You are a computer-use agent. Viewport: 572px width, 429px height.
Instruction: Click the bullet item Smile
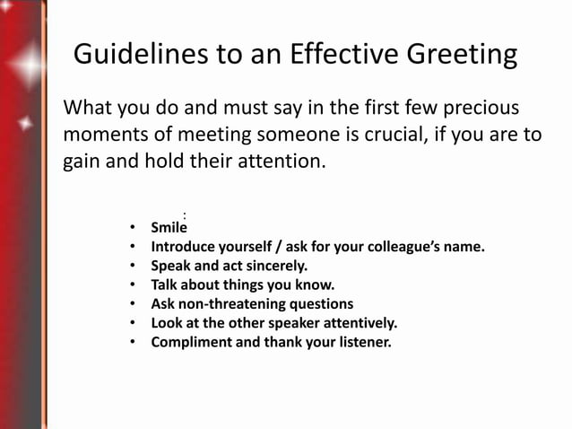169,229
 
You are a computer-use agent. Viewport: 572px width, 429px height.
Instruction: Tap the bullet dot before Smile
132,229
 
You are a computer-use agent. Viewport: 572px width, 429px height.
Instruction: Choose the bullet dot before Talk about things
132,285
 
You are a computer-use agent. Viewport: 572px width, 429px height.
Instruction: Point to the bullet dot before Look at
132,323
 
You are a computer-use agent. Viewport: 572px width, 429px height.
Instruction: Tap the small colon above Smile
184,214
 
